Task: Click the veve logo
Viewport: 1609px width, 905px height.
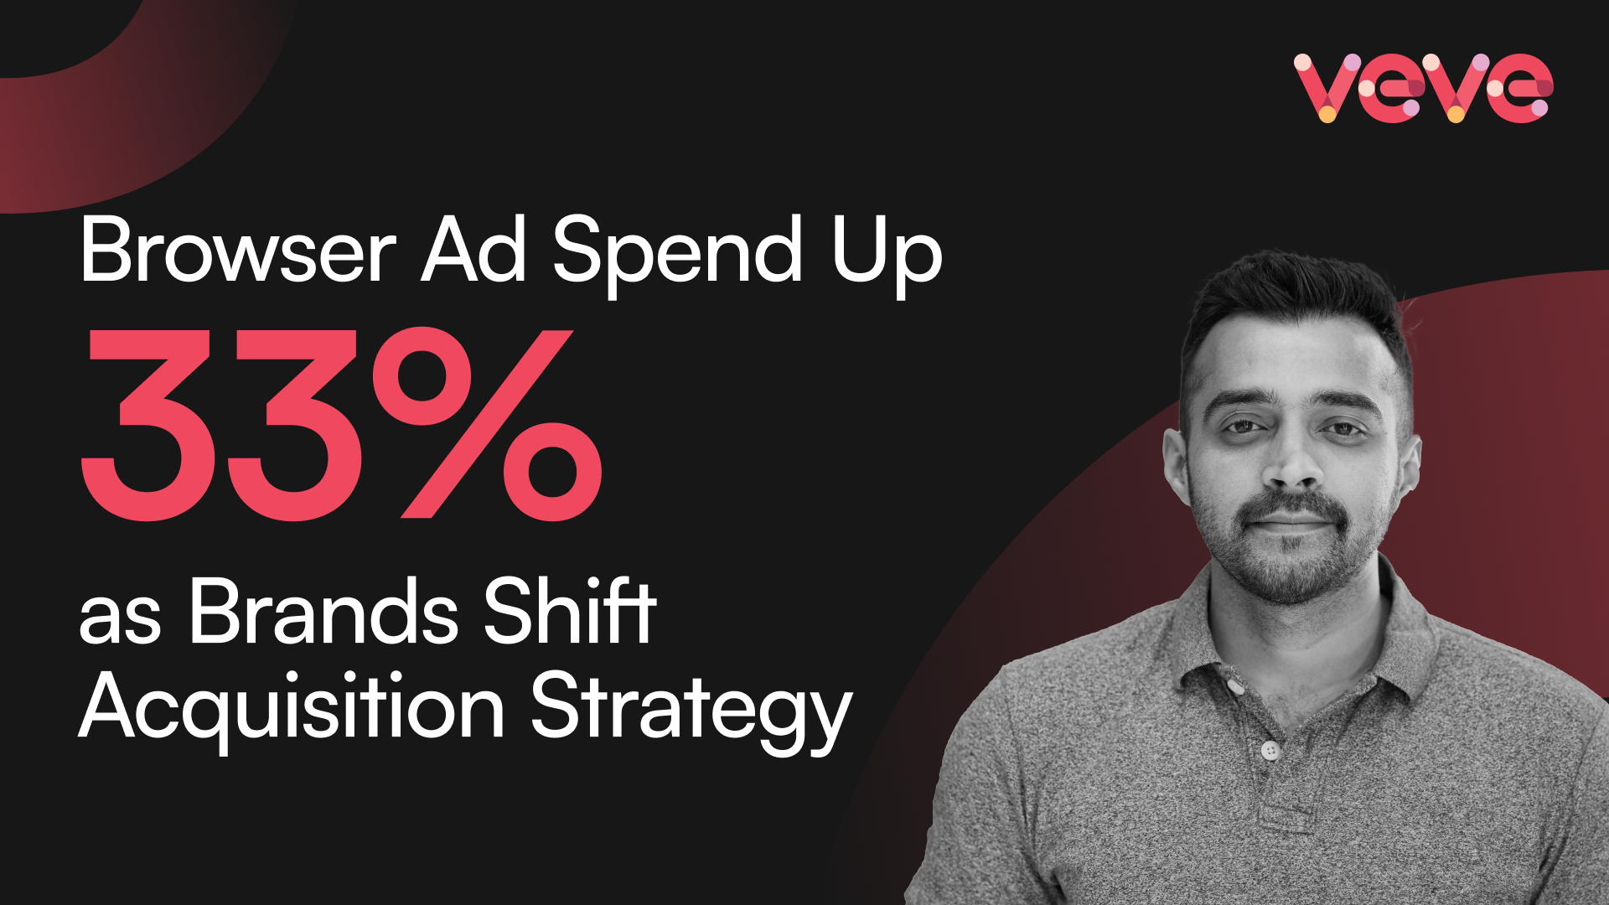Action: click(x=1423, y=88)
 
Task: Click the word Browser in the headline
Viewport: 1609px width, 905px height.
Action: click(x=238, y=249)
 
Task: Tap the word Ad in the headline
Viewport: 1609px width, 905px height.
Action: click(x=474, y=249)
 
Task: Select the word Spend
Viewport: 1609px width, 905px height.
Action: click(x=678, y=255)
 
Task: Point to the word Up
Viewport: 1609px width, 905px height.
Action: click(x=887, y=255)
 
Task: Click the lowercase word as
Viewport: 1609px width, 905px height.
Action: click(x=120, y=619)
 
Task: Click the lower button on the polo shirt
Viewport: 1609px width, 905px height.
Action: click(x=1270, y=749)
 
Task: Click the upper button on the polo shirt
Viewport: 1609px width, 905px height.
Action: click(x=1234, y=685)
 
